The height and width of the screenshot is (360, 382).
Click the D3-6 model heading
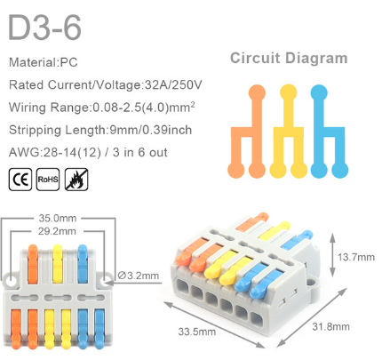[44, 28]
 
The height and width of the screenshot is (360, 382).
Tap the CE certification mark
[20, 180]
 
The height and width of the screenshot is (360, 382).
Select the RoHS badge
[48, 180]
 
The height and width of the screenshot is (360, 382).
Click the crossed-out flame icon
[76, 180]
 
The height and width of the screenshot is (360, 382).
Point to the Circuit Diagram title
[289, 58]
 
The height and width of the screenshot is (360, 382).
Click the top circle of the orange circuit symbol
[257, 92]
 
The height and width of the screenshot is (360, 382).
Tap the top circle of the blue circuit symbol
[319, 92]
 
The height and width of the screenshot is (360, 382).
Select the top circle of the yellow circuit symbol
[288, 92]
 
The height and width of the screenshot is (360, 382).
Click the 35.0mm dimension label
[58, 219]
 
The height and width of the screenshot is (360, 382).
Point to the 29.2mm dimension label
[57, 231]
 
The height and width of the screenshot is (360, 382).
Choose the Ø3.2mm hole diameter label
[139, 276]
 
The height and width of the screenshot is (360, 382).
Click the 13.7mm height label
[356, 257]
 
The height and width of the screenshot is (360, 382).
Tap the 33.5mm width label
[197, 332]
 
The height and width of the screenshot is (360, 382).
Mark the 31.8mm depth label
[330, 326]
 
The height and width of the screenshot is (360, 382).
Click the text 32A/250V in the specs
[173, 85]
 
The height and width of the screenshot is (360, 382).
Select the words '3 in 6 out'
[140, 152]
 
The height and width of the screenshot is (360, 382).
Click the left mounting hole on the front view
[12, 281]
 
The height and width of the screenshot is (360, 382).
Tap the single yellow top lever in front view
[58, 264]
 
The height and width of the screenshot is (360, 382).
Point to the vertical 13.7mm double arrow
[332, 255]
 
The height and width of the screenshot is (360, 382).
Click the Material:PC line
[44, 62]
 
